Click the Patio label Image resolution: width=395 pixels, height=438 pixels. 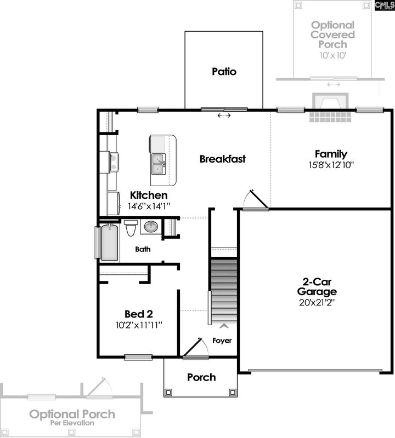pyautogui.click(x=224, y=72)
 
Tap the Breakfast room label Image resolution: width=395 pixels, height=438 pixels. pyautogui.click(x=222, y=159)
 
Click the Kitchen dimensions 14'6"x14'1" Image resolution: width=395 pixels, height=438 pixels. pyautogui.click(x=149, y=206)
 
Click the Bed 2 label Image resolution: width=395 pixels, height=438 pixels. pyautogui.click(x=138, y=314)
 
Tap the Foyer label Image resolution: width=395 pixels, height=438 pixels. pyautogui.click(x=222, y=341)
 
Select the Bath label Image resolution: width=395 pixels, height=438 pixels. pyautogui.click(x=144, y=250)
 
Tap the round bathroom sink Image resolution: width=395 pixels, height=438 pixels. pyautogui.click(x=150, y=226)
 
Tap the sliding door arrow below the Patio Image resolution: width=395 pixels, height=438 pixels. pyautogui.click(x=224, y=116)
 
